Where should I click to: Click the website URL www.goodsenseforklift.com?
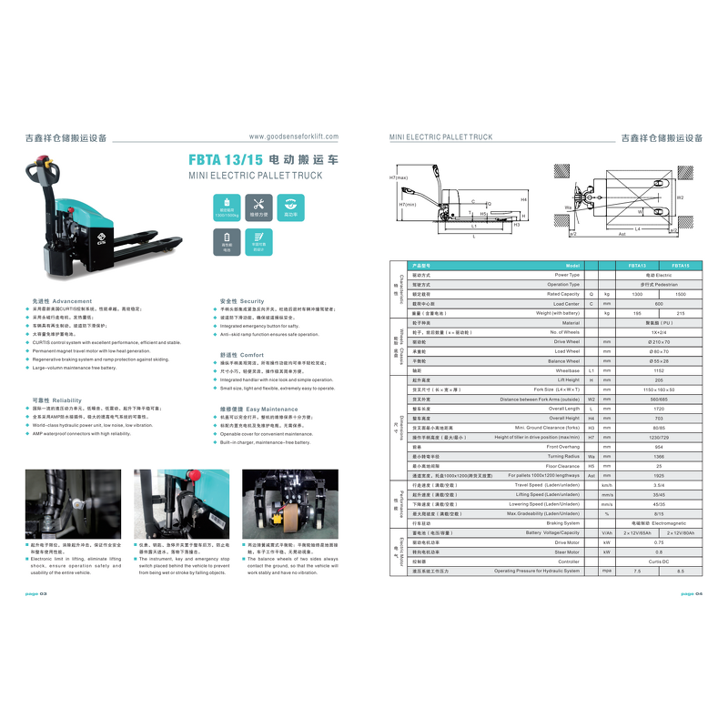click(x=293, y=136)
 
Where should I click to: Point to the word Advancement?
click(x=72, y=301)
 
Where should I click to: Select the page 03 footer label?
click(x=36, y=593)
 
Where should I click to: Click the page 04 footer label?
click(x=693, y=593)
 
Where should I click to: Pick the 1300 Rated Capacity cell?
click(x=637, y=295)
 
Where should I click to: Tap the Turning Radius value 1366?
click(x=659, y=457)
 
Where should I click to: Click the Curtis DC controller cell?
click(x=659, y=561)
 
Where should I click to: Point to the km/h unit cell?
click(x=607, y=486)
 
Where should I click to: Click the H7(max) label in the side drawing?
click(x=398, y=178)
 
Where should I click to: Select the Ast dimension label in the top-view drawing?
click(x=622, y=235)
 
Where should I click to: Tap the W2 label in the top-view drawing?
click(x=680, y=197)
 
